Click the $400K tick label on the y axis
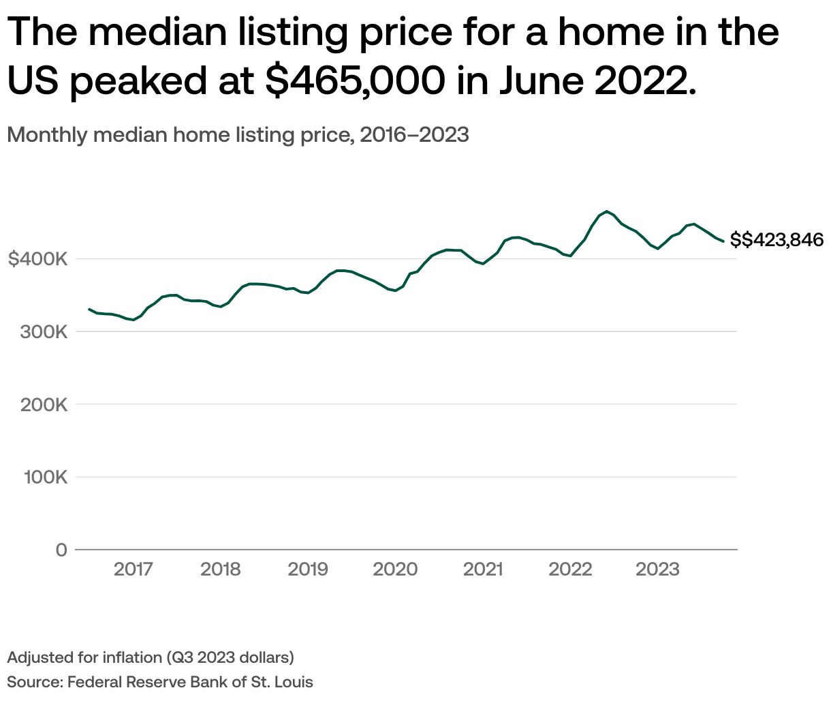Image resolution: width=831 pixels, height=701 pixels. pos(37,259)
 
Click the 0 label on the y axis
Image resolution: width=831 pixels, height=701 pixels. pos(61,550)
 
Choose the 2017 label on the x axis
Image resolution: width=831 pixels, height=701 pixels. pos(134,569)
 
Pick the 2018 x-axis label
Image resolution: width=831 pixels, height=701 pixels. pos(221,569)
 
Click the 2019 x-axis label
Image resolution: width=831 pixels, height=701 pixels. pos(308,569)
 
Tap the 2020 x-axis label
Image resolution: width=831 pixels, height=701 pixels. pos(395,569)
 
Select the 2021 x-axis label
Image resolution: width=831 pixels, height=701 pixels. pos(483,569)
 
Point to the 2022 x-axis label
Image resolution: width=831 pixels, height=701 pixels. pos(570,569)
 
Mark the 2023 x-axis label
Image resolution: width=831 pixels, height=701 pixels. pos(657,569)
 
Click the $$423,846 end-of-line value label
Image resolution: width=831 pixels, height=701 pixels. pos(777,240)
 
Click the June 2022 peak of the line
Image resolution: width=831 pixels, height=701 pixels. pos(607,211)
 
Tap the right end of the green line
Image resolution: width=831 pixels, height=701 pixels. pos(723,241)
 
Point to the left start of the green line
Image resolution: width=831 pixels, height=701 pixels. pos(89,309)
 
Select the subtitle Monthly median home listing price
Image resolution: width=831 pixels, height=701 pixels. pos(238,135)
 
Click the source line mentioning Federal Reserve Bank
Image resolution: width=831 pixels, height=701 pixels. pos(160,681)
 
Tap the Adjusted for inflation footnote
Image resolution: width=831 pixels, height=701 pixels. pos(151,657)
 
